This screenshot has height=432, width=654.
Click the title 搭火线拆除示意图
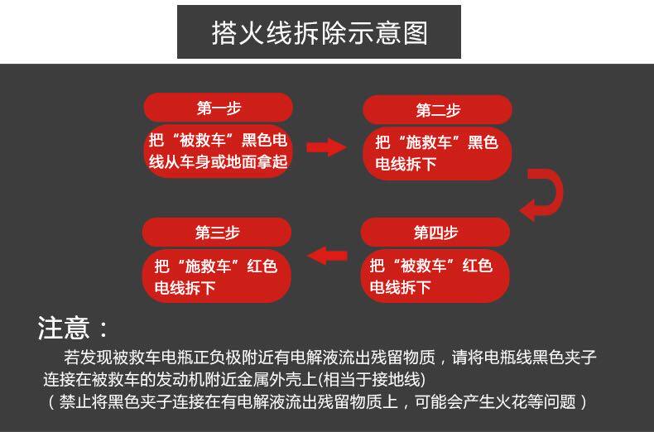pyautogui.click(x=319, y=32)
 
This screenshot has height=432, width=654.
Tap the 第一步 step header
pyautogui.click(x=219, y=108)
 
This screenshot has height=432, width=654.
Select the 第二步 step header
pyautogui.click(x=437, y=110)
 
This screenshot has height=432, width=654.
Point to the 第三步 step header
pyautogui.click(x=218, y=233)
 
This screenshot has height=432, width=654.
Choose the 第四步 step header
pyautogui.click(x=435, y=233)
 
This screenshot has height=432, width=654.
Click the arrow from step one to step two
pyautogui.click(x=326, y=147)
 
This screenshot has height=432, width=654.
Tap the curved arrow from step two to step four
pyautogui.click(x=542, y=195)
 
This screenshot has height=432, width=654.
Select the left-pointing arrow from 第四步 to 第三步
pyautogui.click(x=328, y=254)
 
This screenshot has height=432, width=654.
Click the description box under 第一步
pyautogui.click(x=219, y=151)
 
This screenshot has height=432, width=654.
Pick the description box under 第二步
pyautogui.click(x=437, y=153)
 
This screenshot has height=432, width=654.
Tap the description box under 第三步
pyautogui.click(x=218, y=276)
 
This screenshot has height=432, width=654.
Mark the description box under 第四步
pyautogui.click(x=435, y=276)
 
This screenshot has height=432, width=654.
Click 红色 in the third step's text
pyautogui.click(x=261, y=266)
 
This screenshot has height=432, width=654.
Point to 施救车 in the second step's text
pyautogui.click(x=430, y=142)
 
